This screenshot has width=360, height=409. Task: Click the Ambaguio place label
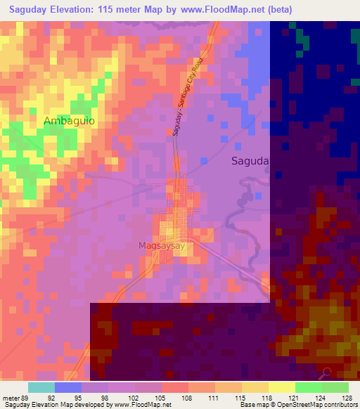coord(69,121)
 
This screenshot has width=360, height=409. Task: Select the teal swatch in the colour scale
coord(41,387)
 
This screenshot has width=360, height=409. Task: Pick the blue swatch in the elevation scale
coord(67,387)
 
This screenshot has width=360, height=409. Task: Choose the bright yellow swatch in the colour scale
coord(281,387)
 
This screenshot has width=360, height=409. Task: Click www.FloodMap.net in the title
coord(219,9)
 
